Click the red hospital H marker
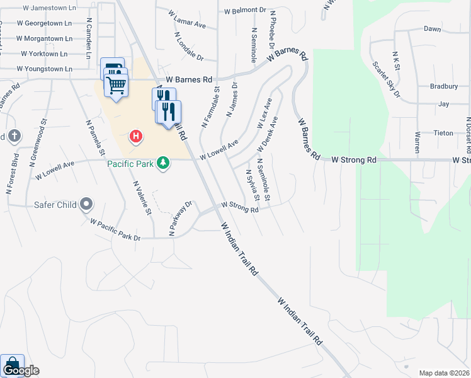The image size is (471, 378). click(135, 136)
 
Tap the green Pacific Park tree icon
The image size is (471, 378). click(164, 163)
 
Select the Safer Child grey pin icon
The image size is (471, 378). click(87, 204)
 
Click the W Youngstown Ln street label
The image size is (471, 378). click(49, 68)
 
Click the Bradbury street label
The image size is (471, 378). click(443, 86)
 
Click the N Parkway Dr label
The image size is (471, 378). click(180, 219)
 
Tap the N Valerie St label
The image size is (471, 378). click(142, 198)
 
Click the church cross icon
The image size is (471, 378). click(14, 136)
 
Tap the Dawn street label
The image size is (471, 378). click(432, 29)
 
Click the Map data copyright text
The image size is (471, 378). click(444, 373)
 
